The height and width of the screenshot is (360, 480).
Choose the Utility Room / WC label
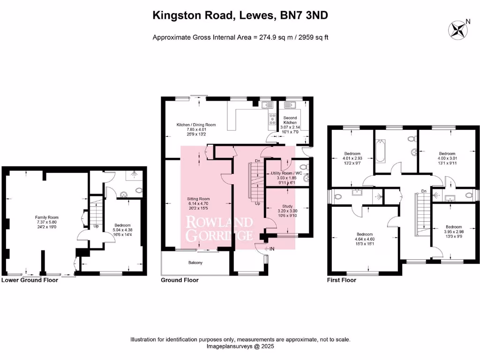[x=287, y=173]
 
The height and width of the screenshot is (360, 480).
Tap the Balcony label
[x=195, y=262]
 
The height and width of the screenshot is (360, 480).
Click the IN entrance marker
[x=271, y=249]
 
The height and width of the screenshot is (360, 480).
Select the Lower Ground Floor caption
[x=30, y=280]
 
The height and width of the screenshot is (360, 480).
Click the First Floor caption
[x=341, y=280]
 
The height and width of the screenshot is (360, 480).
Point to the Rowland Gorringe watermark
[x=219, y=228]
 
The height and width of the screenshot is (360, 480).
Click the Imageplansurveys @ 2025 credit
[x=240, y=346]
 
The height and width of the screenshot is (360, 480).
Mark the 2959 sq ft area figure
[x=310, y=37]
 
